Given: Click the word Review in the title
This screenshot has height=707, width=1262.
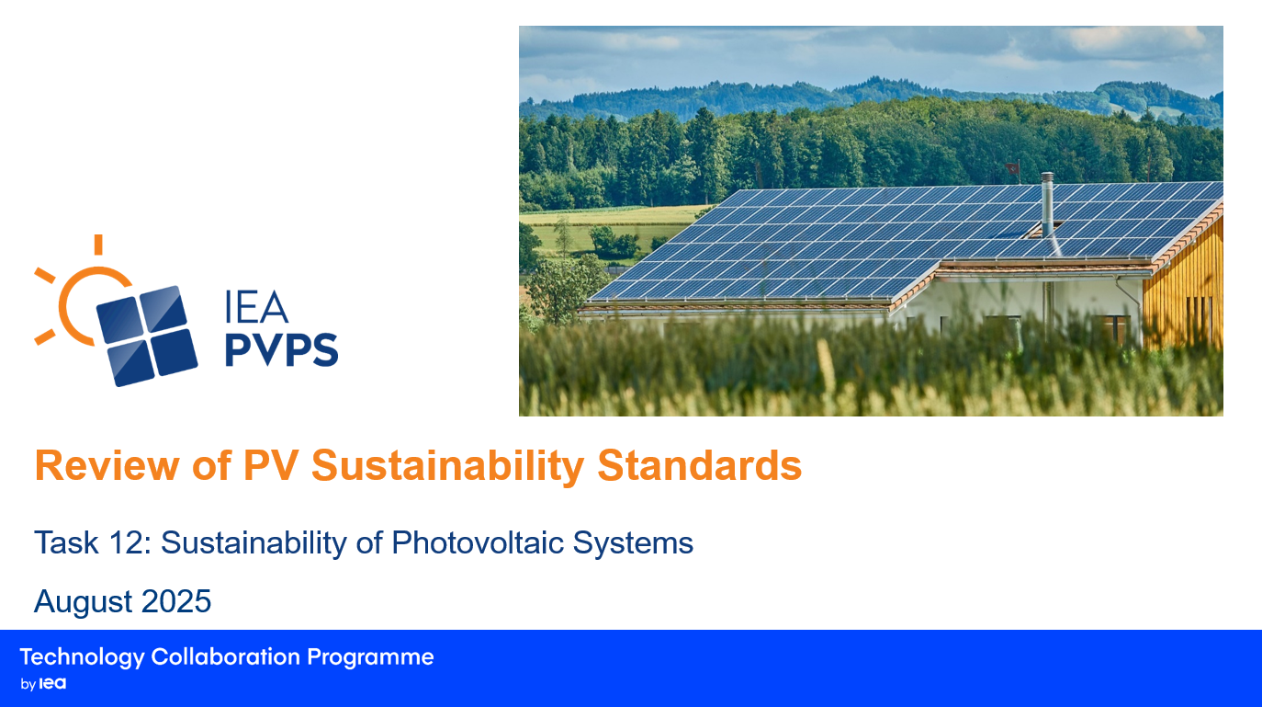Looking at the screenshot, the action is [x=107, y=466].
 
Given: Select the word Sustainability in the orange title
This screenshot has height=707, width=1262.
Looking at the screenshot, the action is [x=447, y=467].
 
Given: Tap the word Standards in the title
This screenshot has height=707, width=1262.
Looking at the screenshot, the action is [x=699, y=466].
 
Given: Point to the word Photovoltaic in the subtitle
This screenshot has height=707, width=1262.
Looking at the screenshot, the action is [x=478, y=543].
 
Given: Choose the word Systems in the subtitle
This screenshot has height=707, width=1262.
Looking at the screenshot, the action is [x=633, y=544].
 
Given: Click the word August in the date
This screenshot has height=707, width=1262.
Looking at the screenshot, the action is [x=83, y=602].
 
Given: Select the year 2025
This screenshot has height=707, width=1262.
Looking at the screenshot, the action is [x=176, y=601].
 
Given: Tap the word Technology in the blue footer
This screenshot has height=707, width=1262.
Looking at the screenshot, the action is [x=83, y=658].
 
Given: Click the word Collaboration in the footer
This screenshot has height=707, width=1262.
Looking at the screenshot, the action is [x=225, y=656].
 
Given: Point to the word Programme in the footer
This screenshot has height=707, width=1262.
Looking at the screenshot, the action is [x=370, y=658].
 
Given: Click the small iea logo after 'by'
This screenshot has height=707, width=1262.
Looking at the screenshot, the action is [x=52, y=683].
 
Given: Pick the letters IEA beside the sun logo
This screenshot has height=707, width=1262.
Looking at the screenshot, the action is [x=256, y=307].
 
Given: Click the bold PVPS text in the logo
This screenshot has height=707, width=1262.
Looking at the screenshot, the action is [x=282, y=349].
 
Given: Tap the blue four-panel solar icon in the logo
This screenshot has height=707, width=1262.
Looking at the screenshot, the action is [x=147, y=336].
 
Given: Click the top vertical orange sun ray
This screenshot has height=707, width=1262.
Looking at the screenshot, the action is [x=98, y=245].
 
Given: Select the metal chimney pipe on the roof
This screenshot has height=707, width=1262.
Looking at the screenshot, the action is [x=1047, y=205].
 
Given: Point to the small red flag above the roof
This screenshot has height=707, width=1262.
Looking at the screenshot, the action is [x=1012, y=168].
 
